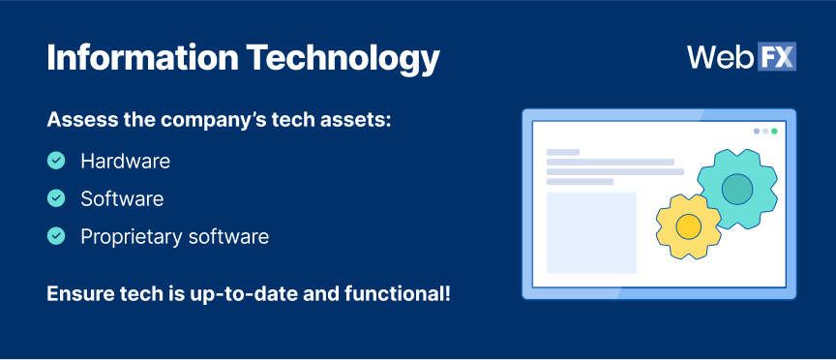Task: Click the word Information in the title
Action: (142, 57)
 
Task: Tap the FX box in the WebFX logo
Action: (777, 56)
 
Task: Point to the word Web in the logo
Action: (721, 57)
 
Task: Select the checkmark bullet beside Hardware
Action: (56, 161)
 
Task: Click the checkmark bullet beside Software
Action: (56, 198)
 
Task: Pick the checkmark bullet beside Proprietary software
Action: (56, 236)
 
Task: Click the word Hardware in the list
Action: (125, 161)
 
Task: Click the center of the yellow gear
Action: (688, 226)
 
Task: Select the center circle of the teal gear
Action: (737, 189)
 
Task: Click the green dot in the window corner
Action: (774, 132)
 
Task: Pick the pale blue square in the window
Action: (592, 233)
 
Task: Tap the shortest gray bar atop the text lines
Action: (563, 153)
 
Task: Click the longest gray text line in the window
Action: (615, 171)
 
